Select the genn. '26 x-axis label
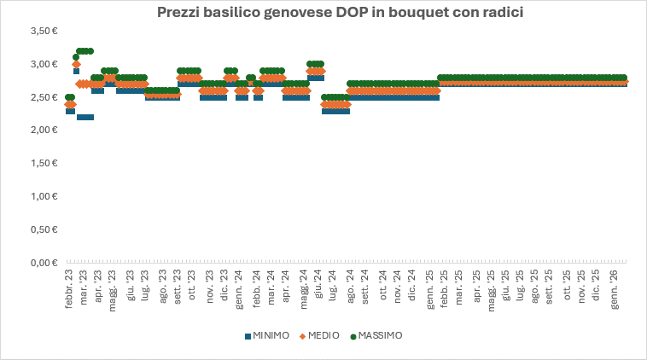(x=615, y=290)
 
